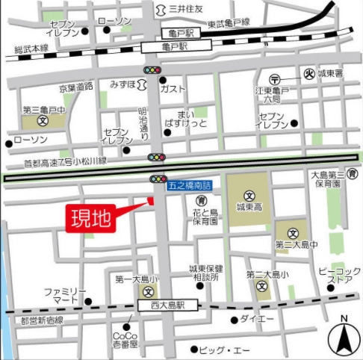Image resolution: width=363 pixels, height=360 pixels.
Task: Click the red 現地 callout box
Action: tap(90, 219)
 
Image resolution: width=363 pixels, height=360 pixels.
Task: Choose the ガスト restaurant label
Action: tap(192, 88)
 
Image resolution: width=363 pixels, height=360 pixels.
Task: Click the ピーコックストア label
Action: tap(340, 274)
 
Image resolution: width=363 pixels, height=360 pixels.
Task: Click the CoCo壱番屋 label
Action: tap(125, 341)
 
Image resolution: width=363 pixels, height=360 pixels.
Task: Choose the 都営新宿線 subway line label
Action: tap(43, 320)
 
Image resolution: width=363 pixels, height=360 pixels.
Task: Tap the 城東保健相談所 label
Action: tap(202, 273)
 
